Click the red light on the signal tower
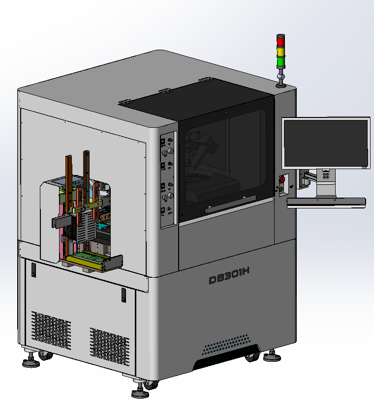pyautogui.click(x=280, y=41)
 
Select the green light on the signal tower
pyautogui.click(x=281, y=62)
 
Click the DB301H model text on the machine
pyautogui.click(x=229, y=276)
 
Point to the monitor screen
pyautogui.click(x=326, y=143)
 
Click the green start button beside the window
pyautogui.click(x=281, y=189)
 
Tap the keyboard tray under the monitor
pyautogui.click(x=326, y=202)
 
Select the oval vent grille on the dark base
pyautogui.click(x=226, y=345)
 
